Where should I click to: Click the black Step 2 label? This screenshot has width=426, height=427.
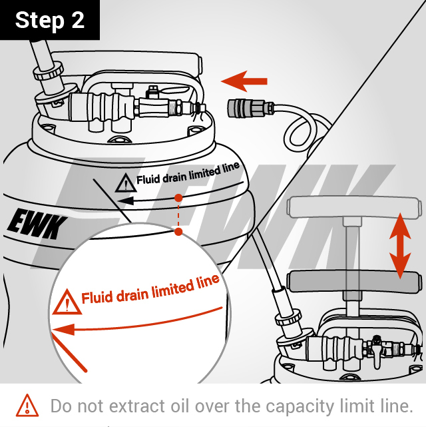coord(49,19)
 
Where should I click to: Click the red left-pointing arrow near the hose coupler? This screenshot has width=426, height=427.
coord(244,81)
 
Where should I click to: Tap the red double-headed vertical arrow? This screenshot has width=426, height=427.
coord(400,246)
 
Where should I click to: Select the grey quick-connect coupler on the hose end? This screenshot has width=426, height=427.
coord(246,109)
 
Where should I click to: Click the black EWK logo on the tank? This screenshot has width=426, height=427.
coord(37,224)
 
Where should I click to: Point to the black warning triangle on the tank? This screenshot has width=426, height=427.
coord(126,183)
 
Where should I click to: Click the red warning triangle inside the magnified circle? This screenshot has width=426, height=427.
coord(67,302)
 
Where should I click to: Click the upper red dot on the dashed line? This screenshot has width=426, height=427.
coord(178,198)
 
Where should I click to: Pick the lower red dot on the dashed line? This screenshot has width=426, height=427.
coord(178,232)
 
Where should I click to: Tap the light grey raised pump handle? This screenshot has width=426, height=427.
coord(353,207)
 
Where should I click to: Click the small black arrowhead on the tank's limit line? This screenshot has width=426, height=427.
coord(126,201)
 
